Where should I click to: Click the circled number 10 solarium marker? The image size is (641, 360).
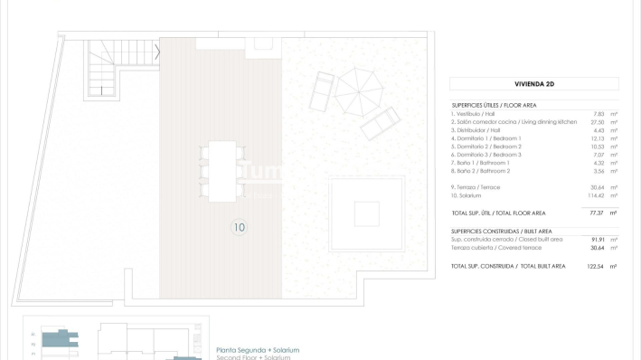[239, 227]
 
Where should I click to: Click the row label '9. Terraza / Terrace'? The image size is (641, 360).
[476, 187]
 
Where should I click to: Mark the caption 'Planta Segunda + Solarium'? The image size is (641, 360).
[258, 350]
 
